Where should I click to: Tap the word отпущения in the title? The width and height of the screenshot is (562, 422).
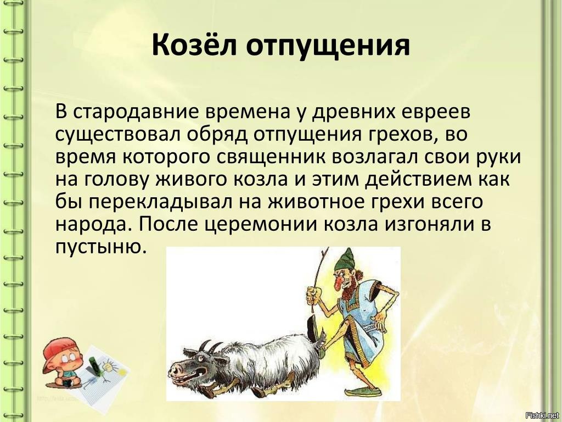pos(328,46)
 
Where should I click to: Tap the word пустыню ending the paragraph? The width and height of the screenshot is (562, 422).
pos(102,247)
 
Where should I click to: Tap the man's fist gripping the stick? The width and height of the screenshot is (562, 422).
pos(313,295)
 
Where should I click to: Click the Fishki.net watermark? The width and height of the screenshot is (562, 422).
pos(542,415)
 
